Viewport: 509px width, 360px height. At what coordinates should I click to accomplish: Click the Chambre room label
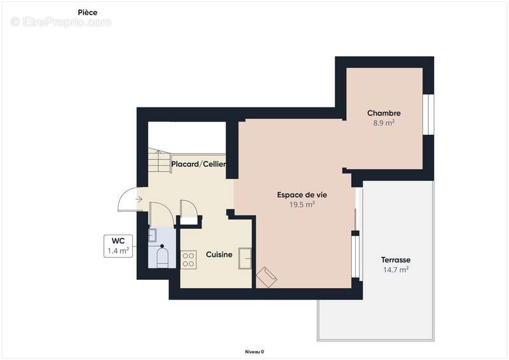(384, 113)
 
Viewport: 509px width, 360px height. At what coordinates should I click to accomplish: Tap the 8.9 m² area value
(384, 123)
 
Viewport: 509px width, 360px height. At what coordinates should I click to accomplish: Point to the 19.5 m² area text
(302, 204)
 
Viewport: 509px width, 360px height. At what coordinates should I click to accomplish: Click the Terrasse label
(395, 260)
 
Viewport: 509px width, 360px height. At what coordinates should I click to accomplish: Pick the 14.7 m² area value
(395, 270)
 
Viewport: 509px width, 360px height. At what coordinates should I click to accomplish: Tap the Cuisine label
(219, 254)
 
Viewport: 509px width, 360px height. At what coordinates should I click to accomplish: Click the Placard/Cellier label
(199, 165)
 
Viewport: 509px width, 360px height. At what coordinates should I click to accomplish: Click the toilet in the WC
(162, 258)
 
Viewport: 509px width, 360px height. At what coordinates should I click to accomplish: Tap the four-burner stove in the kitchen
(188, 259)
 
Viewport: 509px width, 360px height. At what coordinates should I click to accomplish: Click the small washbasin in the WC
(153, 235)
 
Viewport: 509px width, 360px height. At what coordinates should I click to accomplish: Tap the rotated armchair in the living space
(267, 277)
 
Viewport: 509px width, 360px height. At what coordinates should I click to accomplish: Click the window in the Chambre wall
(429, 114)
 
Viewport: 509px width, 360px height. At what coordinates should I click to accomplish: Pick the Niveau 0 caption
(254, 352)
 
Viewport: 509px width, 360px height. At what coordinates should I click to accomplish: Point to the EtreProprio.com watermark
(60, 22)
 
